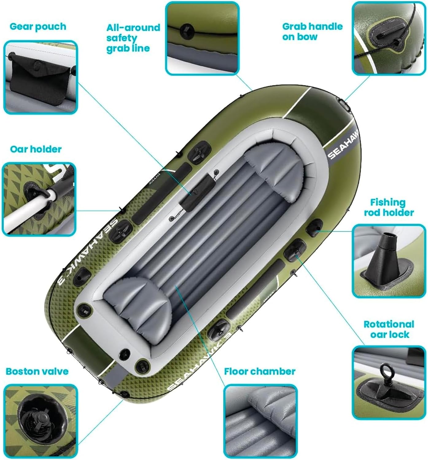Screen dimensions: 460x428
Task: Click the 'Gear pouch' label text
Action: click(x=38, y=27)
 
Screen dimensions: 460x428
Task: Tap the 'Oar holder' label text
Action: click(x=36, y=149)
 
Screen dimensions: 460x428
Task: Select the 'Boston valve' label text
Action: click(x=37, y=371)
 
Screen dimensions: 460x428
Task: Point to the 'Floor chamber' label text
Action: click(x=259, y=371)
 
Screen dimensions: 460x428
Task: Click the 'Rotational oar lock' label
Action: click(x=389, y=329)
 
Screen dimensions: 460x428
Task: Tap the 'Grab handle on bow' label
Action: click(x=312, y=31)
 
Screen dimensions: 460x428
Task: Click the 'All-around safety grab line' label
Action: click(x=133, y=38)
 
